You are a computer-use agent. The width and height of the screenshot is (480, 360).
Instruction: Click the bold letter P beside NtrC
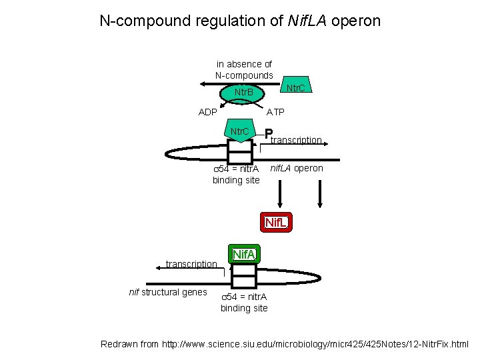(268, 135)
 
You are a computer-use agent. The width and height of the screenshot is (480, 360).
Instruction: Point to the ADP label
(208, 112)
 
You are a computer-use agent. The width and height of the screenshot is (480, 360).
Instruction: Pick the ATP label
(276, 112)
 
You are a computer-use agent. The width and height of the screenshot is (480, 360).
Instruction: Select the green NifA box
(243, 254)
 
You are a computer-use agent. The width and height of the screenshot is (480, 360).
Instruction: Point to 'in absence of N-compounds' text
(244, 69)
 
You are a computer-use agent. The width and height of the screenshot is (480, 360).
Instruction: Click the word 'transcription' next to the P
(297, 140)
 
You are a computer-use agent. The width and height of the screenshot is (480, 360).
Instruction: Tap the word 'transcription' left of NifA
(191, 264)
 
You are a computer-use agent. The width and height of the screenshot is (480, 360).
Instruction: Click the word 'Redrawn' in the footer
(119, 344)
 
